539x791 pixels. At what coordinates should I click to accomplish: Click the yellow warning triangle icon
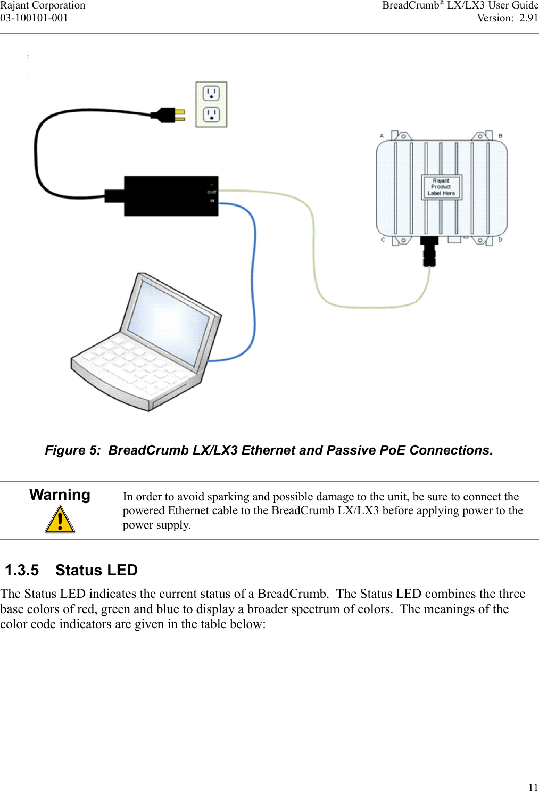tap(60, 520)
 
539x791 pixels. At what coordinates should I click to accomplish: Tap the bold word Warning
tap(60, 495)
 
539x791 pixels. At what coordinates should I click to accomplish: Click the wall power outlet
tap(211, 104)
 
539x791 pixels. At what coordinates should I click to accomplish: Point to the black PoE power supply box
tap(170, 196)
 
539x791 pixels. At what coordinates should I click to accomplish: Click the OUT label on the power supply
tap(212, 192)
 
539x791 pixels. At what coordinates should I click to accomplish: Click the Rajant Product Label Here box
tap(441, 187)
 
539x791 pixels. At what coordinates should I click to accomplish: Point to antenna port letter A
tap(382, 136)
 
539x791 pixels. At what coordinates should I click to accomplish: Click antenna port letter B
tap(500, 136)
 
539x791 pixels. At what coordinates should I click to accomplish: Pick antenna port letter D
tap(500, 240)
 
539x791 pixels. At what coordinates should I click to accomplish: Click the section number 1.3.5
tap(22, 570)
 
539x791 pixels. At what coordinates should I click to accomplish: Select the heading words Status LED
tap(96, 570)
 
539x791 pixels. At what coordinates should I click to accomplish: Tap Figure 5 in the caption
tap(72, 450)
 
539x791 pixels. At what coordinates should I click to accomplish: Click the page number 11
tap(533, 787)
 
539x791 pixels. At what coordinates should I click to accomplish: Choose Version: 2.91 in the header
tap(507, 18)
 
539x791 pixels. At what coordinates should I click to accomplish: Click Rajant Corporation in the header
tap(43, 5)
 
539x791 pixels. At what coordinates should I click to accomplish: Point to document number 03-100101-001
tap(34, 18)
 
